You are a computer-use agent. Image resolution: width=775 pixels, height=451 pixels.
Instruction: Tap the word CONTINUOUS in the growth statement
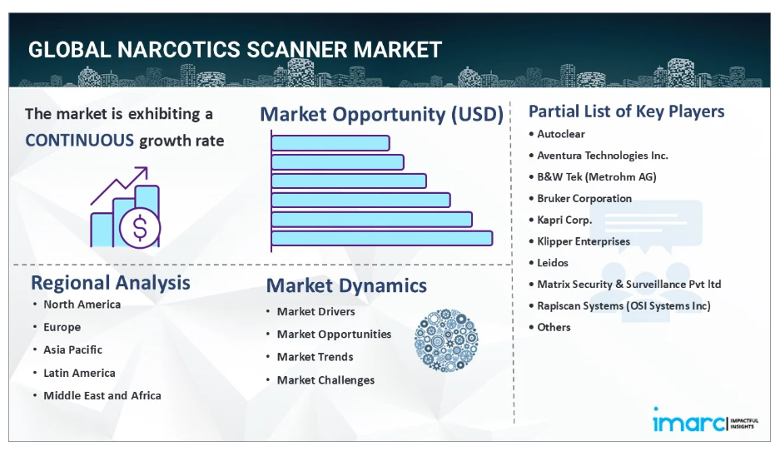coord(80,141)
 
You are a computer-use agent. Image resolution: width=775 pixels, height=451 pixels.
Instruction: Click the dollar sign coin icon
coord(140,228)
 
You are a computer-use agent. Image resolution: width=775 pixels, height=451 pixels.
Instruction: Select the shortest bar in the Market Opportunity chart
coord(330,143)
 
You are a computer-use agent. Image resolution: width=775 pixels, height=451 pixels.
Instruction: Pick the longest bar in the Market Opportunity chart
coord(382,238)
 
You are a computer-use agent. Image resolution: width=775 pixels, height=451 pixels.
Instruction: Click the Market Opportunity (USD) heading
coord(381,115)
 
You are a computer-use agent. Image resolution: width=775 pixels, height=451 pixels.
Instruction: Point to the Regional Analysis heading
coord(110,283)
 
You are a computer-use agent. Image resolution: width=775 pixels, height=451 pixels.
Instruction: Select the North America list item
coord(82,305)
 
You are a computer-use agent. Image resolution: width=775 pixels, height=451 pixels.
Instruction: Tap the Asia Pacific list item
coord(72,349)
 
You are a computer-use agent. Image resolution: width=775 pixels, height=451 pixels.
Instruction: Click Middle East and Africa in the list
coord(102,396)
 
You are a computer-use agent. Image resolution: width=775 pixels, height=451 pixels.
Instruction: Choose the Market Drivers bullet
coord(315,312)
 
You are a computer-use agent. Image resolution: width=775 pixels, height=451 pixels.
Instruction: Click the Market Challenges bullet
coord(325,380)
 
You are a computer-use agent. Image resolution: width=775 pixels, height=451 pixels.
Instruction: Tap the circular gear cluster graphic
coord(446,340)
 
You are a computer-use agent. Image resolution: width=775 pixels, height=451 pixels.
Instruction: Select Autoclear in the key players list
coord(561,134)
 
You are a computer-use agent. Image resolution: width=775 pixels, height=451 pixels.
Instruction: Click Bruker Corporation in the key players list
coord(584,199)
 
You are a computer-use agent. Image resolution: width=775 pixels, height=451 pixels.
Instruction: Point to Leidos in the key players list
coord(553,263)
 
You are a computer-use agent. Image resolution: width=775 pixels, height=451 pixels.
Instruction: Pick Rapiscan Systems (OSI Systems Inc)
coord(623,305)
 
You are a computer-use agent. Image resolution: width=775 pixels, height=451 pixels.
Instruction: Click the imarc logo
coord(705,421)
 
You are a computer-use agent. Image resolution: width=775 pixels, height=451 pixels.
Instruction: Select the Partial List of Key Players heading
coord(626,112)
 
